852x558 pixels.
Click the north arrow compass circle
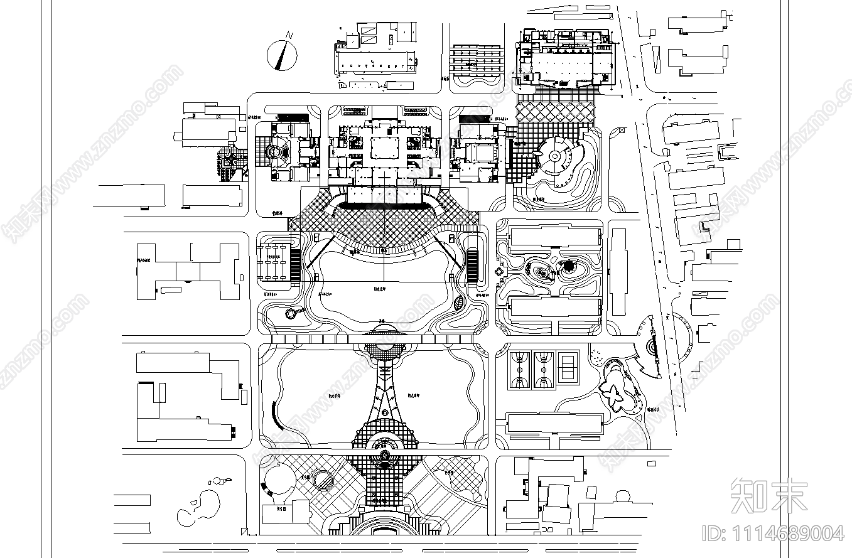tap(282, 56)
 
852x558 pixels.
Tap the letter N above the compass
tap(289, 35)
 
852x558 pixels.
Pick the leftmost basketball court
tap(519, 370)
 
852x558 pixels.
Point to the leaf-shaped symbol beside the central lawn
tap(459, 303)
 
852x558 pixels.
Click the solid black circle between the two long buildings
tap(568, 267)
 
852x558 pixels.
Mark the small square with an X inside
tap(622, 130)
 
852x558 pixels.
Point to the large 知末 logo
tap(770, 495)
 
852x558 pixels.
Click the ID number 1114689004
tap(775, 534)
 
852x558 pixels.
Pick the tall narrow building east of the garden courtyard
tap(618, 272)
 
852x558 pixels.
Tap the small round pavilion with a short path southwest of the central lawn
tap(291, 313)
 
